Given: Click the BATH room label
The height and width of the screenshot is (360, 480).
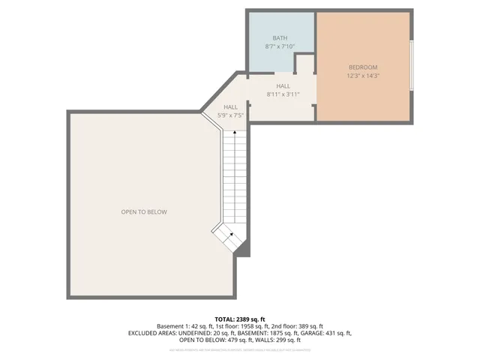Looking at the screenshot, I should (280, 37).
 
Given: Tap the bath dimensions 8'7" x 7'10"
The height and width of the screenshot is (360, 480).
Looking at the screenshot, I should (280, 46).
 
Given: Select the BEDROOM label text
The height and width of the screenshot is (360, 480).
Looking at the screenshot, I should (364, 66).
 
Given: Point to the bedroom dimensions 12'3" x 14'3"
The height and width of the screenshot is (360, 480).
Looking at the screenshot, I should (364, 75).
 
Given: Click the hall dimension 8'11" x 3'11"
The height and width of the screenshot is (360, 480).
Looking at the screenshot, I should (283, 94).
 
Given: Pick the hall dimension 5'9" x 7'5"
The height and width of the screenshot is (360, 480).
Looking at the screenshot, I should (231, 115).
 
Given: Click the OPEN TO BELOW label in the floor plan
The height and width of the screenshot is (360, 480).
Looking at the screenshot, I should (144, 212).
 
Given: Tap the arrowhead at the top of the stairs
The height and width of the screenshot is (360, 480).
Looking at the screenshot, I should (235, 132).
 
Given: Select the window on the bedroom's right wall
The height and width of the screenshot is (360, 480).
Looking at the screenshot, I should (411, 66).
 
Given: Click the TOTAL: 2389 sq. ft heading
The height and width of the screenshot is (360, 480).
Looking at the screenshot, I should (240, 319).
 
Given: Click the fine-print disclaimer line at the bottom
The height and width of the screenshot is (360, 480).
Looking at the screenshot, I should (240, 350).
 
